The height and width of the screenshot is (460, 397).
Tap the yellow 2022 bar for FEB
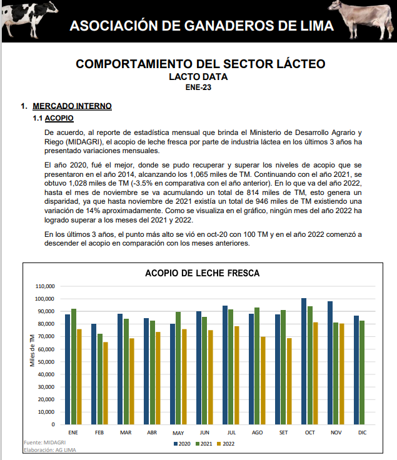pyautogui.click(x=106, y=383)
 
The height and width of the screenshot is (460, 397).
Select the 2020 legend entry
pyautogui.click(x=182, y=444)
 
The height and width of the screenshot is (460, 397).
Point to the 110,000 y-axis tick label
pyautogui.click(x=46, y=286)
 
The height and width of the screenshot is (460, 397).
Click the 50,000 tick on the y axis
pyautogui.click(x=48, y=362)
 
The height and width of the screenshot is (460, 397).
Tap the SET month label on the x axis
pyautogui.click(x=284, y=432)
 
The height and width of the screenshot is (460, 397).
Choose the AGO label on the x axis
pyautogui.click(x=258, y=432)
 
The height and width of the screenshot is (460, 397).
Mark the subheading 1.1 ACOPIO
pyautogui.click(x=53, y=118)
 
